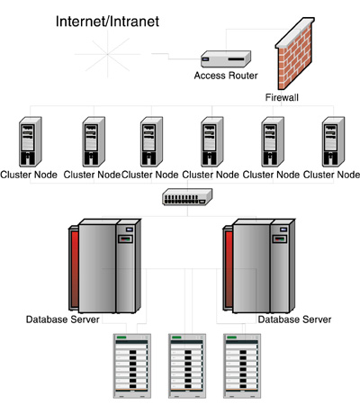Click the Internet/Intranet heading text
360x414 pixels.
(107, 22)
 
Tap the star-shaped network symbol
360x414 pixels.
(107, 54)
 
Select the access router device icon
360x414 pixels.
(226, 58)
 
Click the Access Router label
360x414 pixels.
(226, 76)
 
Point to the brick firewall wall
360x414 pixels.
(295, 53)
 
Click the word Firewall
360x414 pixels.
(282, 97)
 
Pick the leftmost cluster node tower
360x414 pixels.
(31, 142)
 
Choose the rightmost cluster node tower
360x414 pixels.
(333, 142)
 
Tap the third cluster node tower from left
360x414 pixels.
(151, 142)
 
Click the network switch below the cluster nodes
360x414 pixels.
(187, 197)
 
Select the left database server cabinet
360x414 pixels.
(105, 266)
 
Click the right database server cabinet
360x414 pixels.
(259, 266)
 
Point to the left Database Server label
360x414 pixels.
(63, 319)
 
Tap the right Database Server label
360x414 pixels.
(294, 319)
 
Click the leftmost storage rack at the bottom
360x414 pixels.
(132, 366)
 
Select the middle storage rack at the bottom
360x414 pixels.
(187, 366)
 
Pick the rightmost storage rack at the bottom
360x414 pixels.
(242, 366)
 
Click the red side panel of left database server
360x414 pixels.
(75, 269)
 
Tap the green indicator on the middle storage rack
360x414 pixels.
(176, 337)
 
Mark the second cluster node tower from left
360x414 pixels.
(94, 142)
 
